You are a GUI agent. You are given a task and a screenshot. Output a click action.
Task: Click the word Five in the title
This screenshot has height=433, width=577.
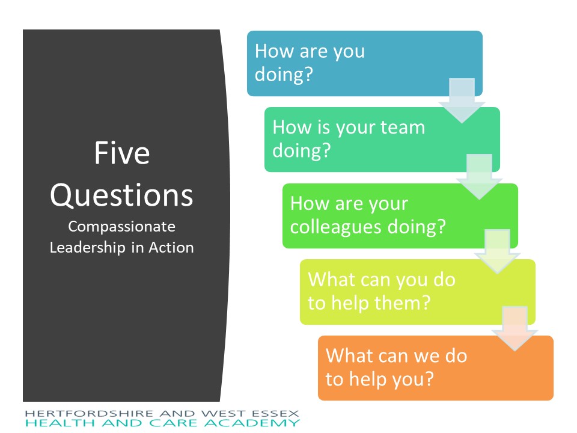point(122,153)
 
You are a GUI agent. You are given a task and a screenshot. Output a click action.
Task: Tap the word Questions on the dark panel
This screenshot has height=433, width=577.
point(121,195)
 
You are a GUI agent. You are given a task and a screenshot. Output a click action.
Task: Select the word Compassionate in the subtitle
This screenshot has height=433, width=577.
point(121,227)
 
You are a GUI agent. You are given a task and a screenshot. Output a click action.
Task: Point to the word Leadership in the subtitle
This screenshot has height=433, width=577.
point(88,247)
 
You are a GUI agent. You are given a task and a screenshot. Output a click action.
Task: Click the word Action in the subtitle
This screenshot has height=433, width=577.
point(171,247)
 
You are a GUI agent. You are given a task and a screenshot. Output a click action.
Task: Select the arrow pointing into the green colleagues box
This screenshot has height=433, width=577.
point(480,177)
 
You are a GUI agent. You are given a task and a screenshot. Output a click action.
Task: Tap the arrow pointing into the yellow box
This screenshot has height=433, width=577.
point(498,252)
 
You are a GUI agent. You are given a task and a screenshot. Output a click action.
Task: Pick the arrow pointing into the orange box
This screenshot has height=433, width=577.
point(515,328)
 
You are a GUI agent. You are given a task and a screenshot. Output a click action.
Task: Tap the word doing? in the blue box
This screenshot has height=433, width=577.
point(284,74)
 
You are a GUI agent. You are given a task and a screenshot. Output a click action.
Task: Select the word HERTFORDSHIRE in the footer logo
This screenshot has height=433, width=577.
point(90,414)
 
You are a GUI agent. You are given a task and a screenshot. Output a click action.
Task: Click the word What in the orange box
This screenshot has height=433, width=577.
point(349,355)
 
